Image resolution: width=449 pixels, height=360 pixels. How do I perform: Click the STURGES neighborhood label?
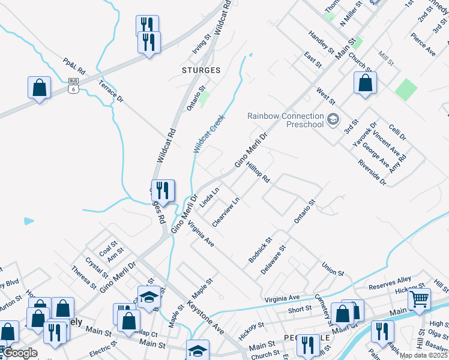(x=200, y=70)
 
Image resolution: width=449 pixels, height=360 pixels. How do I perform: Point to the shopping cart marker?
(x=419, y=298)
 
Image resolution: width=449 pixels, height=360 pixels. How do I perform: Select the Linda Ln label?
(x=209, y=197)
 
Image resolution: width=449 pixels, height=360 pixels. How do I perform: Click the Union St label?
(x=332, y=268)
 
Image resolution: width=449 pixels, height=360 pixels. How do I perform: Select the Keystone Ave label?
(x=205, y=316)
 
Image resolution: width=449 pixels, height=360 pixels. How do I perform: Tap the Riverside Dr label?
(x=372, y=172)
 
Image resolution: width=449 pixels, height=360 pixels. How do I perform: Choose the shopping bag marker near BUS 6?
(x=39, y=88)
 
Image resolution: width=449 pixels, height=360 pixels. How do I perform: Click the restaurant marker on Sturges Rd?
(x=163, y=191)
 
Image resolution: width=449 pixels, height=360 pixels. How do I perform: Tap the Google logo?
(x=20, y=353)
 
